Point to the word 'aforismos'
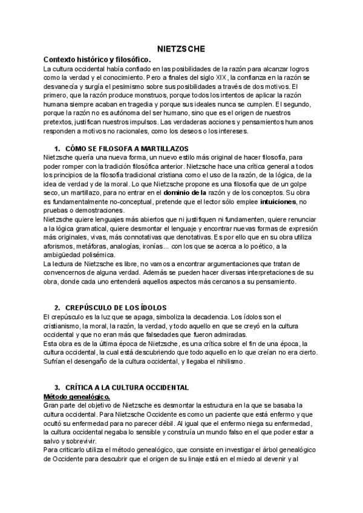(x=60, y=246)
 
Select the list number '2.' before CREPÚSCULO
(x=57, y=308)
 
